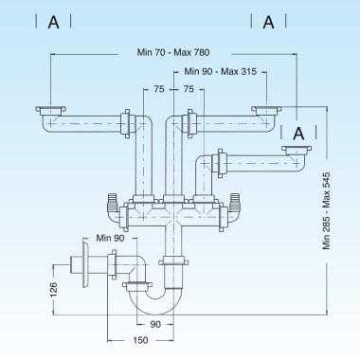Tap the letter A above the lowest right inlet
click(x=298, y=134)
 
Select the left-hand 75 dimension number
click(x=159, y=88)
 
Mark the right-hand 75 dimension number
click(x=189, y=88)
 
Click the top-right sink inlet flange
click(x=266, y=112)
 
